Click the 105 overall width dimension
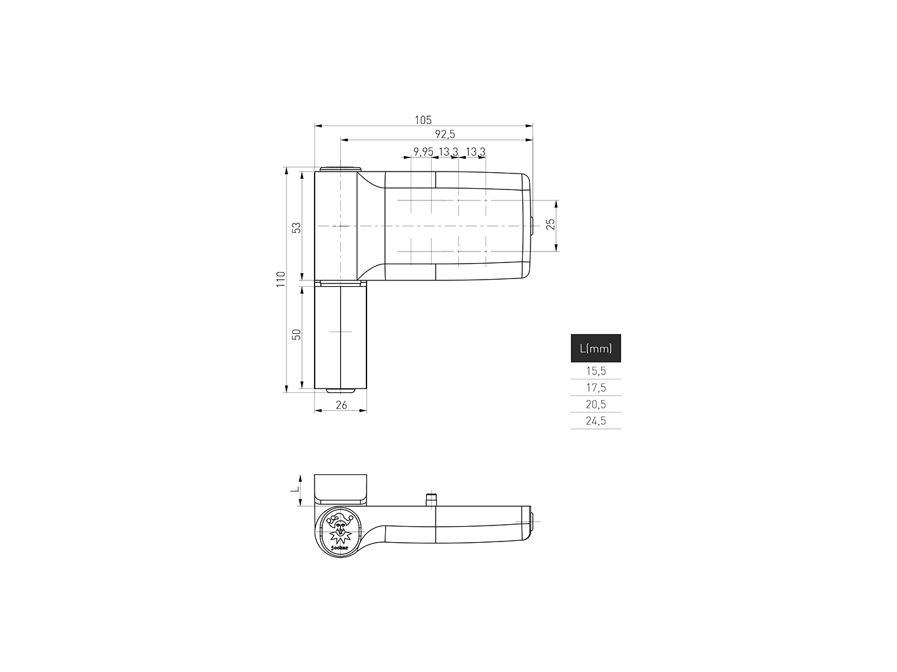(422, 120)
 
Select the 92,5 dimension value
(445, 134)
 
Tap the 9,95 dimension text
(423, 152)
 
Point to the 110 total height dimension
(281, 279)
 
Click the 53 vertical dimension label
(297, 227)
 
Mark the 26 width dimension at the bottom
(341, 404)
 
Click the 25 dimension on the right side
(551, 224)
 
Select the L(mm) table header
(595, 348)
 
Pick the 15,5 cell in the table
(596, 371)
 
